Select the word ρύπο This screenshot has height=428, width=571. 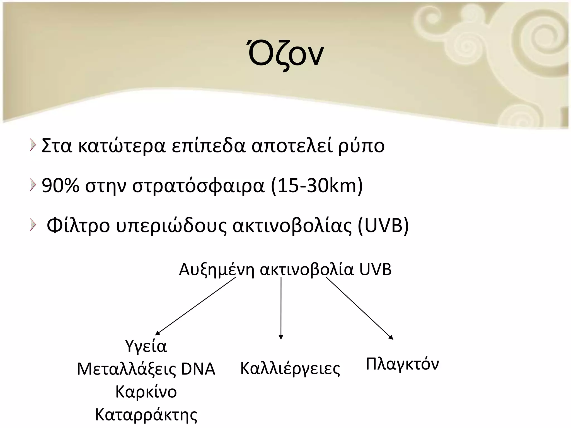361,146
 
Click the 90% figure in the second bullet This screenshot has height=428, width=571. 60,186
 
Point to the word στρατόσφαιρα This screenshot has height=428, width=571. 198,186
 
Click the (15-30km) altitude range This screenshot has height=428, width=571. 317,186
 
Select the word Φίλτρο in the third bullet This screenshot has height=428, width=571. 78,225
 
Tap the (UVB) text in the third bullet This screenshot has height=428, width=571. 383,225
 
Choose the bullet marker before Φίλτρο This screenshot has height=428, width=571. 33,225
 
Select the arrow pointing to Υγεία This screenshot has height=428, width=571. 195,306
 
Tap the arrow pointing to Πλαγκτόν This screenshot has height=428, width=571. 360,308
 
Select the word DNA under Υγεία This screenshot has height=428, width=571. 198,369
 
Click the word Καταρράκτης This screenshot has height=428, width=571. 146,415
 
